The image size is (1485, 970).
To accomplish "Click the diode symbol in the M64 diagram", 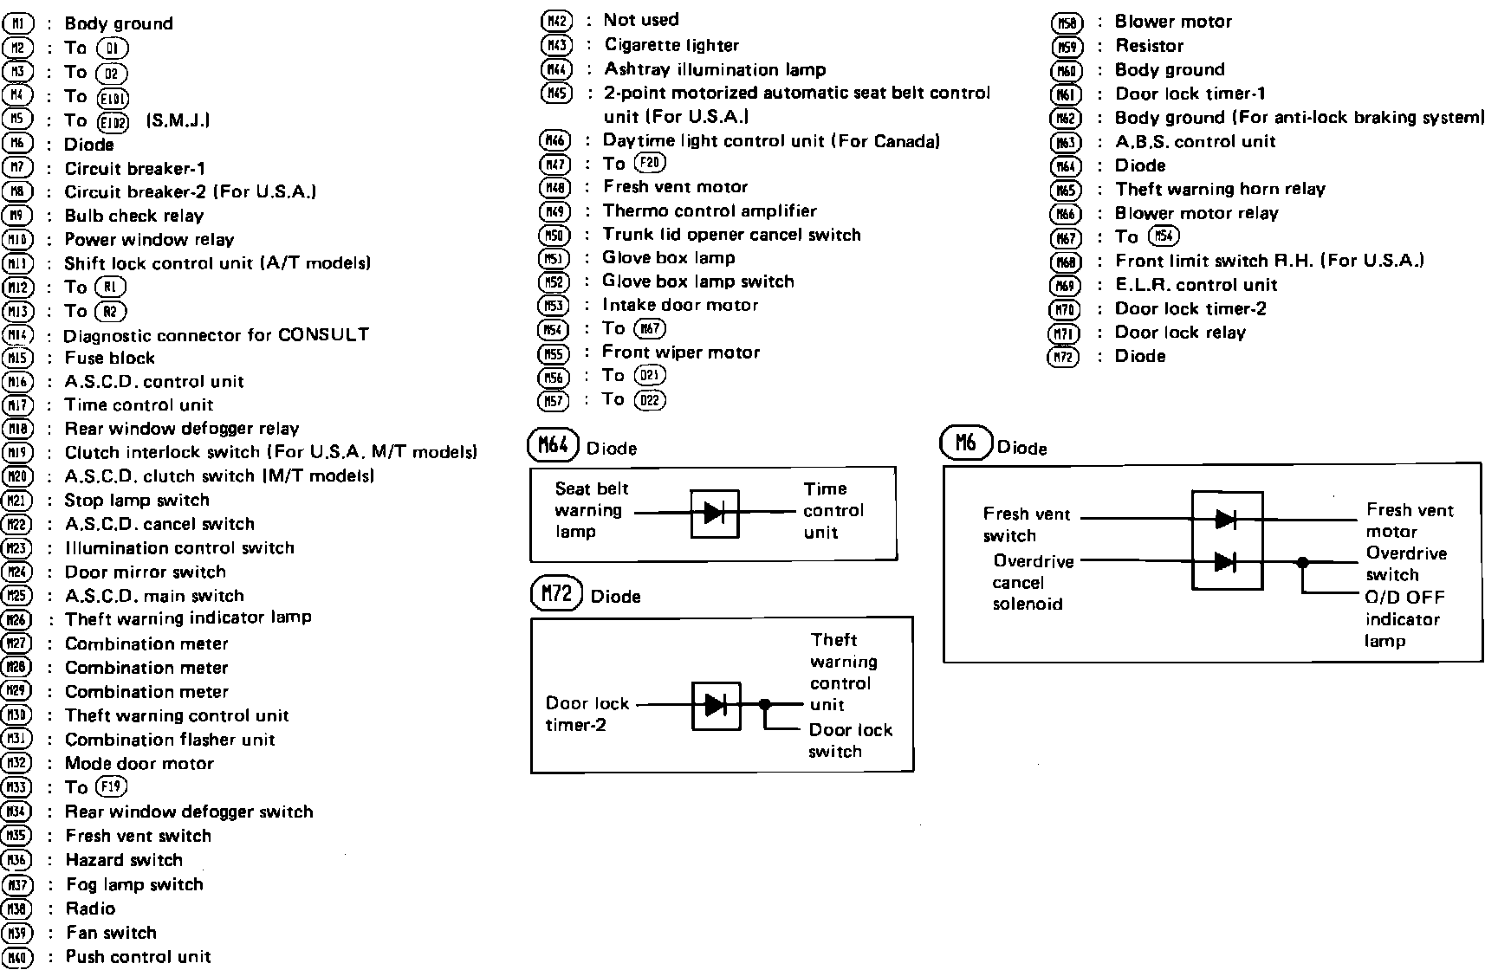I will tap(715, 513).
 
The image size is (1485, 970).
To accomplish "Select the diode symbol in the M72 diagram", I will tap(716, 705).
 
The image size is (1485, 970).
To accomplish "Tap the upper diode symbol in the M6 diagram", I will tap(1225, 520).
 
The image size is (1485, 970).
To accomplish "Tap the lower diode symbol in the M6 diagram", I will tap(1225, 562).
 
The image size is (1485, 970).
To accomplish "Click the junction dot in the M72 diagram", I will tap(764, 705).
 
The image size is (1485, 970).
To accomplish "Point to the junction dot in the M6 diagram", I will tap(1301, 562).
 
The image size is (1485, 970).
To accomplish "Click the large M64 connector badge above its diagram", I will tap(553, 445).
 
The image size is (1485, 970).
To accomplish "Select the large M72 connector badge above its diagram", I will tap(555, 593).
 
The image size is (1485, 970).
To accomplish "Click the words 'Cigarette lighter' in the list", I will tap(671, 45).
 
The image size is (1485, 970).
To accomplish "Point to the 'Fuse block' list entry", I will tap(109, 358).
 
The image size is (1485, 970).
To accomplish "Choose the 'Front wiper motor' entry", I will tap(681, 352).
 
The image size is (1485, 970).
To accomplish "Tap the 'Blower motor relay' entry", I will tap(1196, 213).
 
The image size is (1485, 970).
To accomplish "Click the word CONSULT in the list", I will tap(323, 334).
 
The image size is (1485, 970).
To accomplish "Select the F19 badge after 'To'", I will tap(112, 786).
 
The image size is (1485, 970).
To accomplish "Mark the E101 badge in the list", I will tap(113, 97).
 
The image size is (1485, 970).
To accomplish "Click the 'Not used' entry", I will tap(641, 20).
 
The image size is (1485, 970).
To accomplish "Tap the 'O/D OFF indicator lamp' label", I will tap(1404, 618).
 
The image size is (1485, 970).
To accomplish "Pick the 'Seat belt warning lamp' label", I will tap(591, 510).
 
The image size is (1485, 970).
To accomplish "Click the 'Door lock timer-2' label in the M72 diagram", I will tap(587, 714).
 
